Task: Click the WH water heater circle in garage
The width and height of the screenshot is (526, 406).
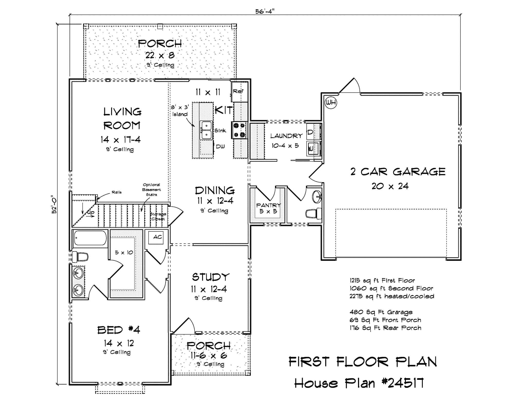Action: tap(331, 103)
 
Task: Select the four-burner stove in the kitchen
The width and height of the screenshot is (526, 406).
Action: tap(239, 130)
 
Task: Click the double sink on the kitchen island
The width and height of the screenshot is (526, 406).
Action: tap(206, 130)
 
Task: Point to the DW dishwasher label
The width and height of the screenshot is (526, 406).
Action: tap(220, 146)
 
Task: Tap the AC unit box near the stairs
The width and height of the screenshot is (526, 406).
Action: tap(156, 237)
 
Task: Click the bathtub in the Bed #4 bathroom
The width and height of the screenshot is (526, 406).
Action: tap(90, 238)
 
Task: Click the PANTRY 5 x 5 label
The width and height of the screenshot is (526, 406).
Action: tap(268, 208)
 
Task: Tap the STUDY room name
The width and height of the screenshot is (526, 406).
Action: tap(210, 277)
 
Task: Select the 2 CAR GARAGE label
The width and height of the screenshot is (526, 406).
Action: tap(398, 172)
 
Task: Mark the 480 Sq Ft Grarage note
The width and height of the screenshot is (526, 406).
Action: tap(381, 312)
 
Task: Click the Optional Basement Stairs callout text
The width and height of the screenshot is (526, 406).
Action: tap(152, 190)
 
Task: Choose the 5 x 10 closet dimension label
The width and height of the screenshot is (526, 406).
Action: tap(124, 253)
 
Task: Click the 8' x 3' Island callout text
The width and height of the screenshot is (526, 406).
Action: tap(180, 111)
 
